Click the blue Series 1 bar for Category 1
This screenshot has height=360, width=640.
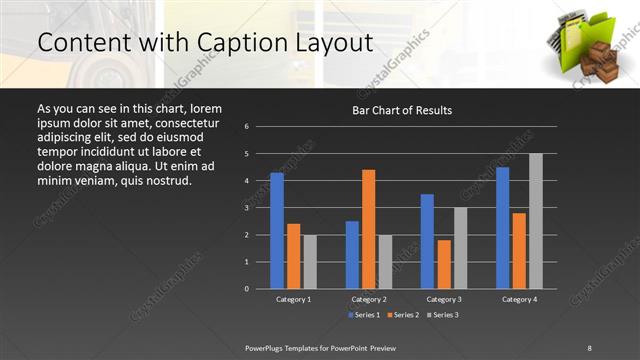coord(277,231)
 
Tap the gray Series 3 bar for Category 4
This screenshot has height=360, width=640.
coord(535,221)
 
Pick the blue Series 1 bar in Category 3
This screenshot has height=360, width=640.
coord(427,241)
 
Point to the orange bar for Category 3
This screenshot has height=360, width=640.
coord(443,264)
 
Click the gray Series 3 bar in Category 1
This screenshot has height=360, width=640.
coord(310,262)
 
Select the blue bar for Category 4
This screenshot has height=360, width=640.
coord(502,228)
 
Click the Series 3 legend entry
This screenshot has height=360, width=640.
coord(443,316)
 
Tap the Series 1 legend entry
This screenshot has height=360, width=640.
coord(364,316)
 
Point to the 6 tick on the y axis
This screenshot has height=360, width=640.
coord(247,127)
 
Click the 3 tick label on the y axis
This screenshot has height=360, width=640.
coord(247,208)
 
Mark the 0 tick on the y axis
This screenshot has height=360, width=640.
coord(247,289)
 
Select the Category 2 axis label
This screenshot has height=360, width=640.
coord(368,299)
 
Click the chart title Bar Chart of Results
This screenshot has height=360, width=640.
coord(402,110)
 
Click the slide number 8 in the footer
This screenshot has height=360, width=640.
coord(589,347)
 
